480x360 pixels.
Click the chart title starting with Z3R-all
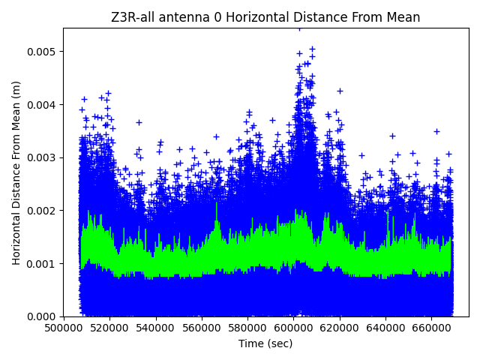coord(265,17)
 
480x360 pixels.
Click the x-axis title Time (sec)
coord(265,343)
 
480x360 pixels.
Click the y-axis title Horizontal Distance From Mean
coord(16,172)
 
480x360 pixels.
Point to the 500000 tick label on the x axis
coord(63,328)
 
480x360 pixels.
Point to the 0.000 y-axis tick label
coord(43,316)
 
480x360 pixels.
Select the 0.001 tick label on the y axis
coord(43,263)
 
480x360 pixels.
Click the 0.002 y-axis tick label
coord(43,211)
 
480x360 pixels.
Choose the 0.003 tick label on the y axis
coord(43,157)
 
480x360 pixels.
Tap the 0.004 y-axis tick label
coord(43,104)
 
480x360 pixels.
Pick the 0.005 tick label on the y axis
coord(43,52)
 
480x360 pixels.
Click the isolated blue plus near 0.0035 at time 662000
coord(436,131)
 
